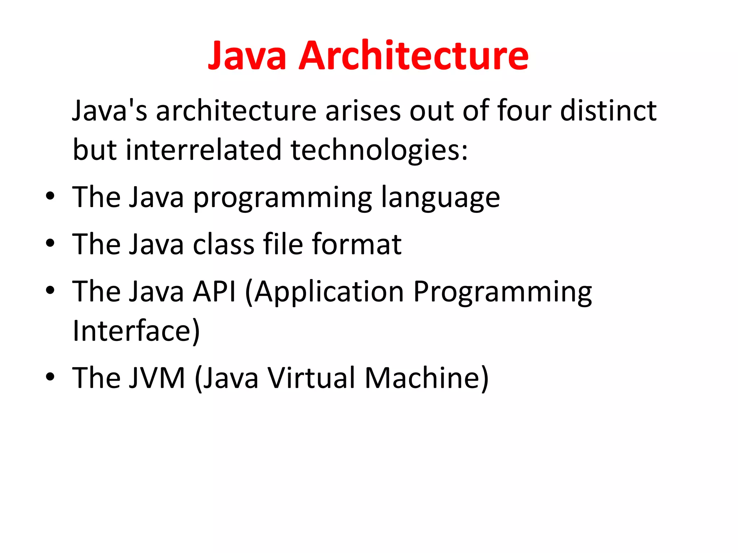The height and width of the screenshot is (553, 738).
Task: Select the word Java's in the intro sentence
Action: tap(110, 111)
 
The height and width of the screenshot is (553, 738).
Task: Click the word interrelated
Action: tap(204, 150)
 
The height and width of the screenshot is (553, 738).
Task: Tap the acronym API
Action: tap(214, 291)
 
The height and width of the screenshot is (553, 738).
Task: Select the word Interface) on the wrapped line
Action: tap(136, 331)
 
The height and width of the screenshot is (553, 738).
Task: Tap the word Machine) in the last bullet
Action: tap(427, 378)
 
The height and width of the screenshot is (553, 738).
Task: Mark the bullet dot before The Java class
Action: tap(50, 243)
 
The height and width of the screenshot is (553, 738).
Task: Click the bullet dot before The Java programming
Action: tap(50, 197)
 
